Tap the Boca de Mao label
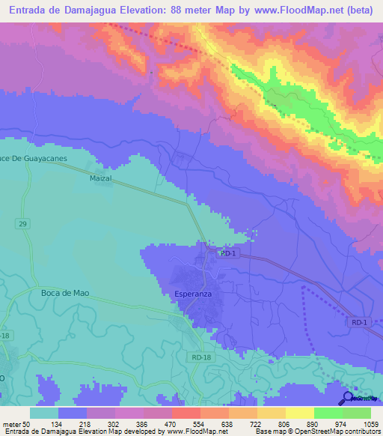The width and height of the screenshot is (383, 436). coord(66,294)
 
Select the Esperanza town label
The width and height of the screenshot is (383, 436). coord(194,294)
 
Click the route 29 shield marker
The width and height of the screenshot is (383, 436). coord(24,224)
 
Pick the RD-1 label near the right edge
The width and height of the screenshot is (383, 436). coord(359,322)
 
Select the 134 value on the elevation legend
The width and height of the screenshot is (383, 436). coord(57,424)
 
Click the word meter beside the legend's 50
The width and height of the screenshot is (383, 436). coord(13,424)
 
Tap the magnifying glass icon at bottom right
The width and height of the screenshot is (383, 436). coord(348,397)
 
